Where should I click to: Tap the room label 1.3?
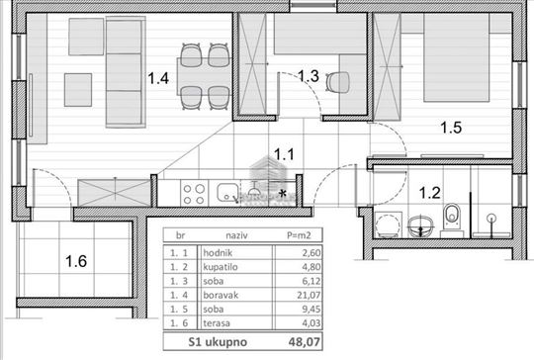tap(309, 76)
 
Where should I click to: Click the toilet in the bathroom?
tap(452, 215)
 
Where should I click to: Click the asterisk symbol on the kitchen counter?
tap(284, 193)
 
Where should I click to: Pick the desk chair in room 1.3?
tap(343, 85)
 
